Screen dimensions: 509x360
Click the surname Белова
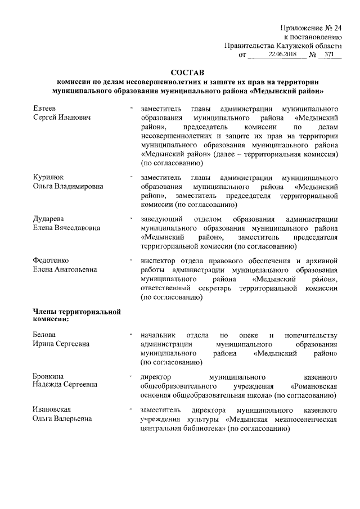pos(44,335)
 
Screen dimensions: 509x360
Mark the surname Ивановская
pos(52,409)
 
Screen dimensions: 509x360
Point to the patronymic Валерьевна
pos(73,418)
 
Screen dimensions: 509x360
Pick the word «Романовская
pos(313,385)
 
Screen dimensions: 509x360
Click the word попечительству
pos(311,335)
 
